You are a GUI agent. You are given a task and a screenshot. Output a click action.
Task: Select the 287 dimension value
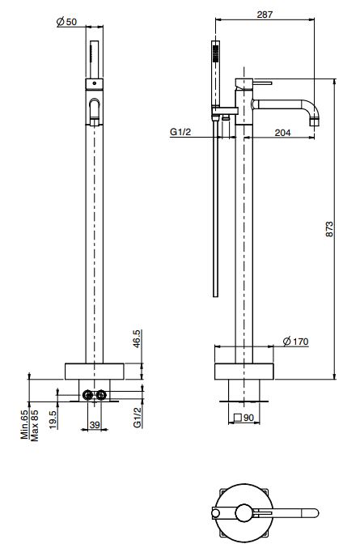pyautogui.click(x=263, y=14)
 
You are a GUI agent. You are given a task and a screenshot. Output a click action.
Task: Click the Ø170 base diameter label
pyautogui.click(x=297, y=341)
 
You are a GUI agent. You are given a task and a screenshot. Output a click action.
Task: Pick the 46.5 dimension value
pyautogui.click(x=138, y=336)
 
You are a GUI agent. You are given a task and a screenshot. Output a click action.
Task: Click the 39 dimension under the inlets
pyautogui.click(x=95, y=424)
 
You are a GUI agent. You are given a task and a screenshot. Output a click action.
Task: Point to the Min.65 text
pyautogui.click(x=25, y=423)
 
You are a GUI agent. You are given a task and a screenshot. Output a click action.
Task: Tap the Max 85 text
pyautogui.click(x=36, y=423)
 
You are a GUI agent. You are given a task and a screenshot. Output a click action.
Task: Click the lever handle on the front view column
pyautogui.click(x=95, y=111)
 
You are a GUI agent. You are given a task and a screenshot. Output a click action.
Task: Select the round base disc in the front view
pyautogui.click(x=95, y=372)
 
